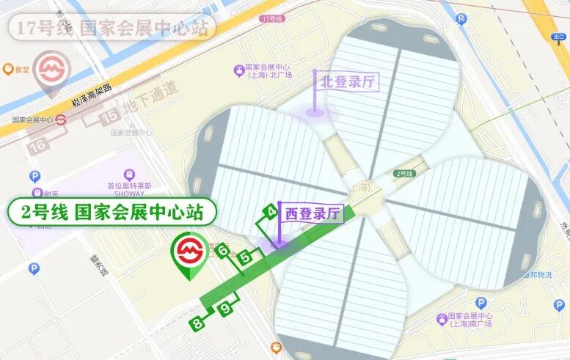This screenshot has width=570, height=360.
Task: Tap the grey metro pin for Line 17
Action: pyautogui.click(x=52, y=73)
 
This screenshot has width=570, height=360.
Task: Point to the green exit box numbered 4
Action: pyautogui.click(x=271, y=212)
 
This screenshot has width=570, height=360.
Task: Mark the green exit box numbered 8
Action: pyautogui.click(x=197, y=323)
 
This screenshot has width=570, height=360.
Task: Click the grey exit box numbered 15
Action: pyautogui.click(x=110, y=115)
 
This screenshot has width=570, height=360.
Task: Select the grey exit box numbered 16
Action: pyautogui.click(x=39, y=146)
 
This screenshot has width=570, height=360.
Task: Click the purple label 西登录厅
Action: pyautogui.click(x=312, y=213)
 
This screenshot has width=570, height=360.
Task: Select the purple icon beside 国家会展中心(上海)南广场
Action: pyautogui.click(x=442, y=319)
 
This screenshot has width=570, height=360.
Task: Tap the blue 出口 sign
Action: pyautogui.click(x=560, y=37)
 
